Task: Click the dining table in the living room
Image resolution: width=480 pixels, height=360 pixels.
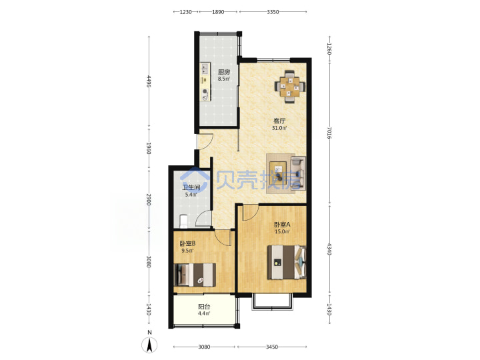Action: pyautogui.click(x=290, y=87)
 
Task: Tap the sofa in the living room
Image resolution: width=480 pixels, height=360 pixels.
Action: pyautogui.click(x=298, y=173)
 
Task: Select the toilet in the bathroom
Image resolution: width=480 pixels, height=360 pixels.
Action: pyautogui.click(x=183, y=221)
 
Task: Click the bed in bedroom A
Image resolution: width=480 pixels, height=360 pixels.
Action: pyautogui.click(x=287, y=262)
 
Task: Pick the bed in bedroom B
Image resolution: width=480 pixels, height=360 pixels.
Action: pyautogui.click(x=195, y=275)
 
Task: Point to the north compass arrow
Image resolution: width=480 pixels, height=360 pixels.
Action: pyautogui.click(x=149, y=345)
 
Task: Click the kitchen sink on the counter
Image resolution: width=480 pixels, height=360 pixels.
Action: pyautogui.click(x=205, y=69)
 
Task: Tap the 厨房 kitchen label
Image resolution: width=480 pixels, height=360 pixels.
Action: pyautogui.click(x=224, y=72)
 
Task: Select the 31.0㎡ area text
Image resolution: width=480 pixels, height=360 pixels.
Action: pyautogui.click(x=279, y=128)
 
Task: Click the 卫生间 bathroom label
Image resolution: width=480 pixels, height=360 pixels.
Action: pyautogui.click(x=191, y=187)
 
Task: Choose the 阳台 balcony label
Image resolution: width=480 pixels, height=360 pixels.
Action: pyautogui.click(x=204, y=307)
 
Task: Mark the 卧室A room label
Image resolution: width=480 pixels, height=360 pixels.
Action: pyautogui.click(x=282, y=225)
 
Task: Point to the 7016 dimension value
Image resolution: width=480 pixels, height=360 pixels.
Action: pyautogui.click(x=329, y=133)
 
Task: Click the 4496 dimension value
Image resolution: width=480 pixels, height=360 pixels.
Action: pyautogui.click(x=149, y=81)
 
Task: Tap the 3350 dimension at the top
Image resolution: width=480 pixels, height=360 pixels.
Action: pyautogui.click(x=273, y=12)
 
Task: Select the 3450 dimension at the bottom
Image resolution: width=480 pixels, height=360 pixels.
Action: pyautogui.click(x=272, y=347)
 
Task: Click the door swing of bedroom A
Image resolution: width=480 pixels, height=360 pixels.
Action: pyautogui.click(x=250, y=213)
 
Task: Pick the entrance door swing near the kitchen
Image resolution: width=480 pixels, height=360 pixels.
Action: pyautogui.click(x=205, y=141)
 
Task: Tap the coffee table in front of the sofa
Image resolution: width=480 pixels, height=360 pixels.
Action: pyautogui.click(x=278, y=173)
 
